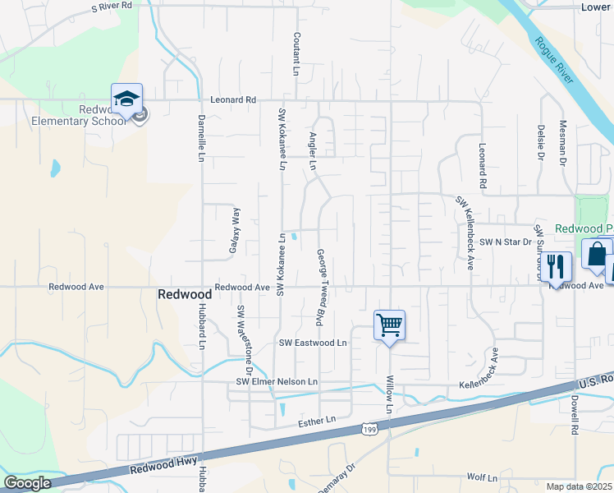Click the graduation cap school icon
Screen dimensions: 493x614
coord(127,99)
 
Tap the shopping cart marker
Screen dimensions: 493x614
coord(389,325)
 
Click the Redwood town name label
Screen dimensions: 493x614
coord(185,294)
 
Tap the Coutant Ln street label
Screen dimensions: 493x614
coord(296,53)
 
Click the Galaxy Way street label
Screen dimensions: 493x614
coord(233,231)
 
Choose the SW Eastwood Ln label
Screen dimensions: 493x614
coord(313,342)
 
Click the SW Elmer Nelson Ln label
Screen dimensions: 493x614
coord(277,382)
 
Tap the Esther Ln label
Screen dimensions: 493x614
coord(319,420)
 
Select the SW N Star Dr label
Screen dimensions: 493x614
coord(506,242)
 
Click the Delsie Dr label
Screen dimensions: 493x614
coord(541,141)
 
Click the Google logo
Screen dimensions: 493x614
coord(27,483)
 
